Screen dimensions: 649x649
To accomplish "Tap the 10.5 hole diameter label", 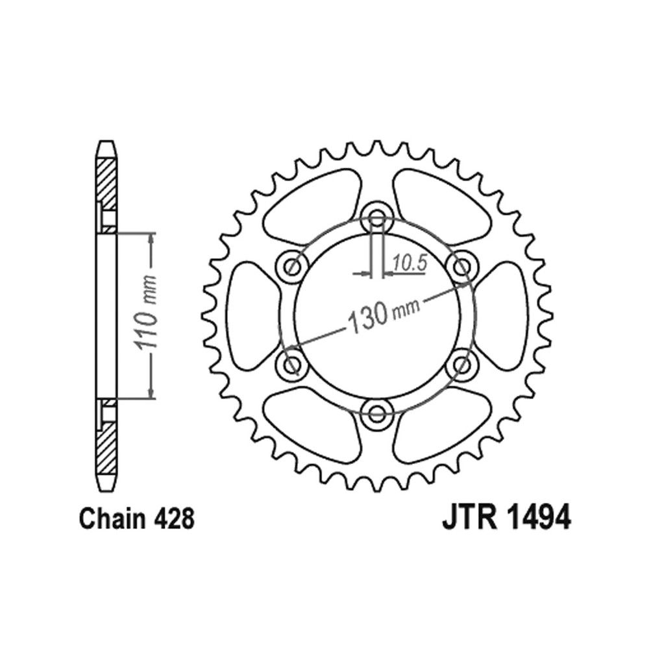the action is click(x=410, y=263).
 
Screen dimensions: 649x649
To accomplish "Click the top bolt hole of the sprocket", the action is click(x=376, y=218).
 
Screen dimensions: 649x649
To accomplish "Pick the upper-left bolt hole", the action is click(x=293, y=267).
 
